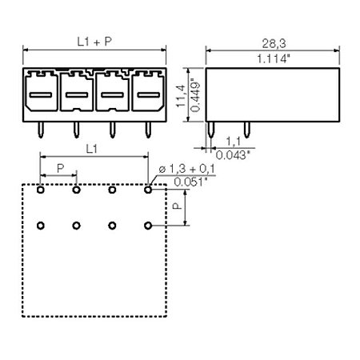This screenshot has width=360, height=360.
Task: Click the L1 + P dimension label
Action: pyautogui.click(x=94, y=42)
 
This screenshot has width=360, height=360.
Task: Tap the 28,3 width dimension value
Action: pyautogui.click(x=274, y=43)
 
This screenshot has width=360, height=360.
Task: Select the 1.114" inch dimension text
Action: pyautogui.click(x=274, y=58)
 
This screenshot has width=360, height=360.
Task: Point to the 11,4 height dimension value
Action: pyautogui.click(x=181, y=96)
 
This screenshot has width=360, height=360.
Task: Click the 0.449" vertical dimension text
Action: pyautogui.click(x=196, y=95)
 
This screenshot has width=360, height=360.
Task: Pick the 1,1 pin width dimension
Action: pyautogui.click(x=234, y=141)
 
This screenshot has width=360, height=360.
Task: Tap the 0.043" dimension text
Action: pyautogui.click(x=233, y=155)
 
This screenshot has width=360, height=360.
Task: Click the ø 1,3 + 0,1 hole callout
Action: pyautogui.click(x=186, y=169)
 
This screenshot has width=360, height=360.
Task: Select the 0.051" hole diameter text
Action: pyautogui.click(x=190, y=182)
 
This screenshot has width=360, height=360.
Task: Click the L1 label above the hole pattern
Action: pyautogui.click(x=91, y=149)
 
